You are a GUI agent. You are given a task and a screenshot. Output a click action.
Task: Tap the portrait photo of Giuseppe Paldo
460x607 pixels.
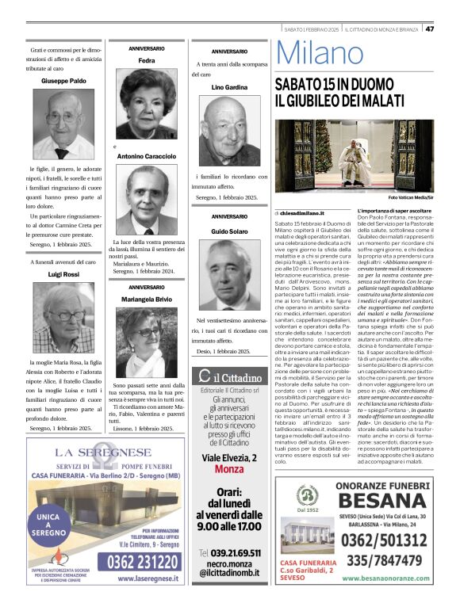coord(63,124)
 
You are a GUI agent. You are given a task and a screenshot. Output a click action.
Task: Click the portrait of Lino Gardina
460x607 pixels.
coord(230,128)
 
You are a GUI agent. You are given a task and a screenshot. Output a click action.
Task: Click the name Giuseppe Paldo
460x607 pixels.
coord(64,81)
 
